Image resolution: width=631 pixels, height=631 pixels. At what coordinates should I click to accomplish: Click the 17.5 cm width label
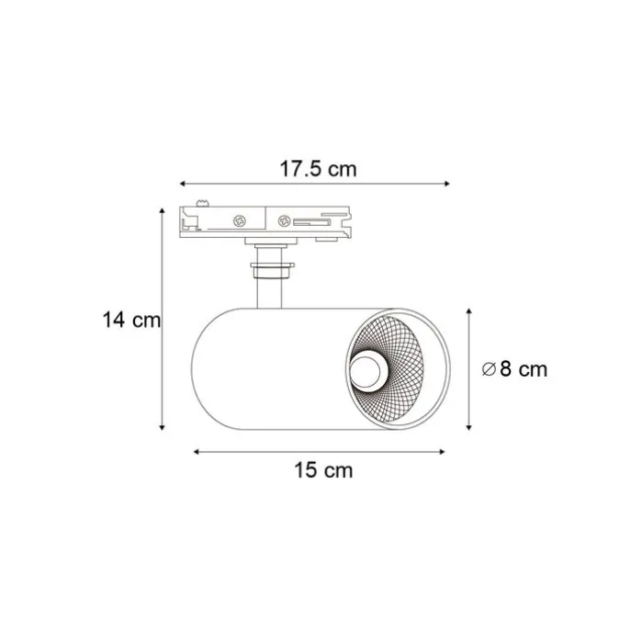coord(318,169)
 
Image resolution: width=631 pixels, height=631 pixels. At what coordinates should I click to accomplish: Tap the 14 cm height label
coord(131,321)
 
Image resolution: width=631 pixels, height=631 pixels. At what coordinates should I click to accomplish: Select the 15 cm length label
coord(322,470)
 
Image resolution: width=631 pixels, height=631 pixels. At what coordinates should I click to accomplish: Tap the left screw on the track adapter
coord(241,220)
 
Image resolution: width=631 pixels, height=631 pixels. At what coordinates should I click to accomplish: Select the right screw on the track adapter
coord(286,221)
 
